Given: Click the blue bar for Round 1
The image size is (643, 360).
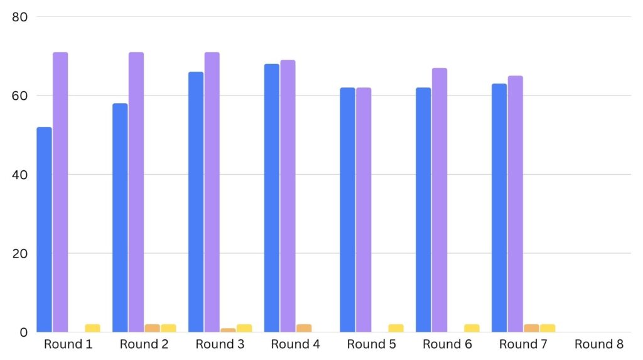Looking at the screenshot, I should pos(44,229).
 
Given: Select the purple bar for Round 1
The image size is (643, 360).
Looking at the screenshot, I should pos(60,192).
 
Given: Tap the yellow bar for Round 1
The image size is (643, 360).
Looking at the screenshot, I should pos(93,328).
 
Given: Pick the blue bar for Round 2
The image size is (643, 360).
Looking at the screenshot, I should pos(120,217).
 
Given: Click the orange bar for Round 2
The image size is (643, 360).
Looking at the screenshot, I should pos(153,328).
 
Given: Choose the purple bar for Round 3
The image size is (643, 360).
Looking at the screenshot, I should pos(212,192).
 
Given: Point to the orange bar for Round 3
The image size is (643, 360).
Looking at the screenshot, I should pos(229,330).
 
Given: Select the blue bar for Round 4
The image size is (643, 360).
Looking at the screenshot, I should pos(272,198).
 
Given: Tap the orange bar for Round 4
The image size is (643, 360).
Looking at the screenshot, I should pos(304,328).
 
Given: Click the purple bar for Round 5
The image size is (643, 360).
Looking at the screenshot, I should pos(364,210).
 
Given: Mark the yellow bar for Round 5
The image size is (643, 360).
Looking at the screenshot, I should pos(396,328).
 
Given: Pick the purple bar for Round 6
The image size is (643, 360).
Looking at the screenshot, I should pos(440,200).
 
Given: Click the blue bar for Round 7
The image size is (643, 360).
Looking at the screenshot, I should pos(499,208).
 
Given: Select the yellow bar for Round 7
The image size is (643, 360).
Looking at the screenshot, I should pos(548,328).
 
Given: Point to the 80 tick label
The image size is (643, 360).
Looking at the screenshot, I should pos(19,17).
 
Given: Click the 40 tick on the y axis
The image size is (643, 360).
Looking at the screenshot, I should pos(19,175).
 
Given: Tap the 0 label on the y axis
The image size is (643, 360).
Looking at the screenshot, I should pos(23,332).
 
